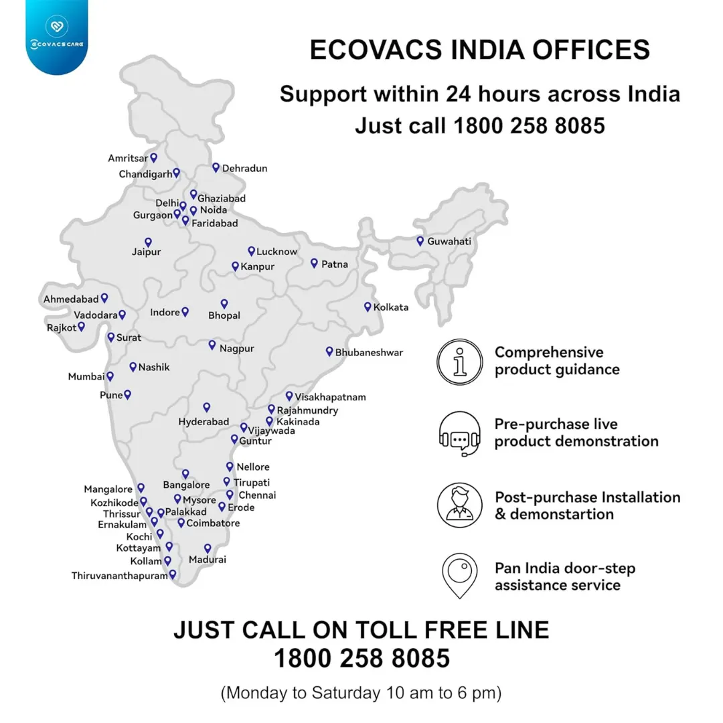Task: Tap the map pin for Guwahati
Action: click(420, 240)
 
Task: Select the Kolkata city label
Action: click(391, 307)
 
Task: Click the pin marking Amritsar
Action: click(153, 157)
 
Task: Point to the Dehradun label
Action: click(244, 168)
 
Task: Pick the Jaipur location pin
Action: click(148, 242)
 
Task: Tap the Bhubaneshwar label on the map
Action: click(369, 352)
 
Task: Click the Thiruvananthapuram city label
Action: click(119, 575)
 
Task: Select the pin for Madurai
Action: click(208, 548)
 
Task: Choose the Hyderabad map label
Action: click(204, 422)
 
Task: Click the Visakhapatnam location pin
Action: click(289, 396)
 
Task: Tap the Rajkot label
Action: click(62, 327)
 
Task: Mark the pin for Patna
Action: click(314, 263)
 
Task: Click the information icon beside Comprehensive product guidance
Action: click(459, 361)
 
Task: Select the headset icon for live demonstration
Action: click(459, 433)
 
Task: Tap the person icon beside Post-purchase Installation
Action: click(459, 505)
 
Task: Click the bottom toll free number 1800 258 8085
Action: click(361, 659)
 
